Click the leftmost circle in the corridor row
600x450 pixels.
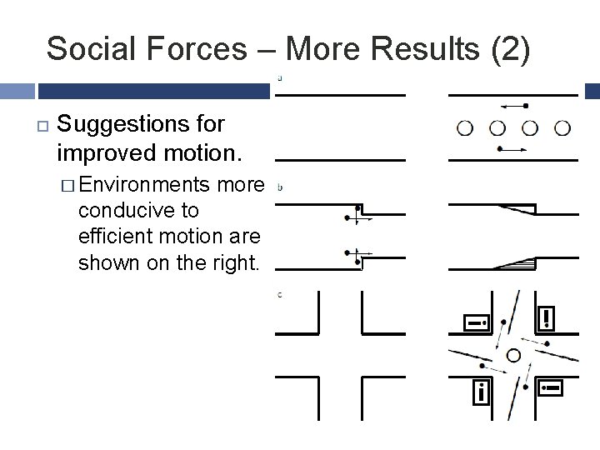click(x=465, y=127)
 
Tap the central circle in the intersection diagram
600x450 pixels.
click(x=513, y=356)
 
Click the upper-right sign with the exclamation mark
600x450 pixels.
click(x=547, y=317)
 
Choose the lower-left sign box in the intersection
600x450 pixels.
click(x=481, y=392)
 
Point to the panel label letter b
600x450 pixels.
click(x=280, y=187)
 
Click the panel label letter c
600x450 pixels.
click(x=280, y=295)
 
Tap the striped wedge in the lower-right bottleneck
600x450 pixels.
click(x=514, y=264)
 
